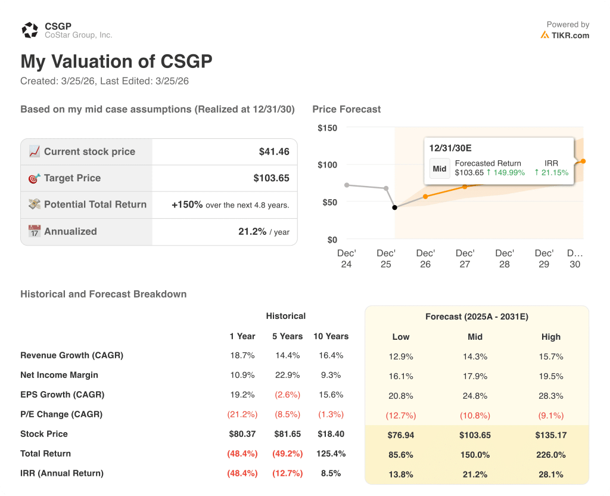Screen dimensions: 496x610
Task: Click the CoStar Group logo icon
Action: (x=30, y=30)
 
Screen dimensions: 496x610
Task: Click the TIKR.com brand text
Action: (x=570, y=35)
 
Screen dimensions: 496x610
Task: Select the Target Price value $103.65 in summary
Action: (x=271, y=178)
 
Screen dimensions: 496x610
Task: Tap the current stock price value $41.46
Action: (x=274, y=152)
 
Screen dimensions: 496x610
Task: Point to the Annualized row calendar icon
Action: (x=35, y=231)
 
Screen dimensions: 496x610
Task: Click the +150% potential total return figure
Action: (x=187, y=204)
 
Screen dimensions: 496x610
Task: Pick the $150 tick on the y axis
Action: (x=327, y=128)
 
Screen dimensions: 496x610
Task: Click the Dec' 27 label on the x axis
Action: (x=465, y=259)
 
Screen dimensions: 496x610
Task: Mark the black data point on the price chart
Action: (x=394, y=207)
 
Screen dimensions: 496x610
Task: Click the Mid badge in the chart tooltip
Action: (x=440, y=169)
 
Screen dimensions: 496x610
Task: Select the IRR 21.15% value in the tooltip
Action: (x=551, y=173)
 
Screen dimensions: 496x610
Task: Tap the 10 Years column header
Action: (x=331, y=336)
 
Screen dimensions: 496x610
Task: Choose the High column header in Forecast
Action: (x=551, y=337)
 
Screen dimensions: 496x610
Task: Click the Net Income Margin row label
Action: (x=59, y=375)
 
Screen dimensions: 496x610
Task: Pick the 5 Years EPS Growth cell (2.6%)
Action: (x=288, y=395)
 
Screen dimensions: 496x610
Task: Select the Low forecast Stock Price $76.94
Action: (x=400, y=435)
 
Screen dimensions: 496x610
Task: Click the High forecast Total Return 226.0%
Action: (x=551, y=455)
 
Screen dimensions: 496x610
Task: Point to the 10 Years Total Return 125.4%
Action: (x=331, y=454)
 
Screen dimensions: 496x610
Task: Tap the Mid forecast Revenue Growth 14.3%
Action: (x=475, y=356)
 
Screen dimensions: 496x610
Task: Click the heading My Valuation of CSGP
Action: (x=116, y=62)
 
